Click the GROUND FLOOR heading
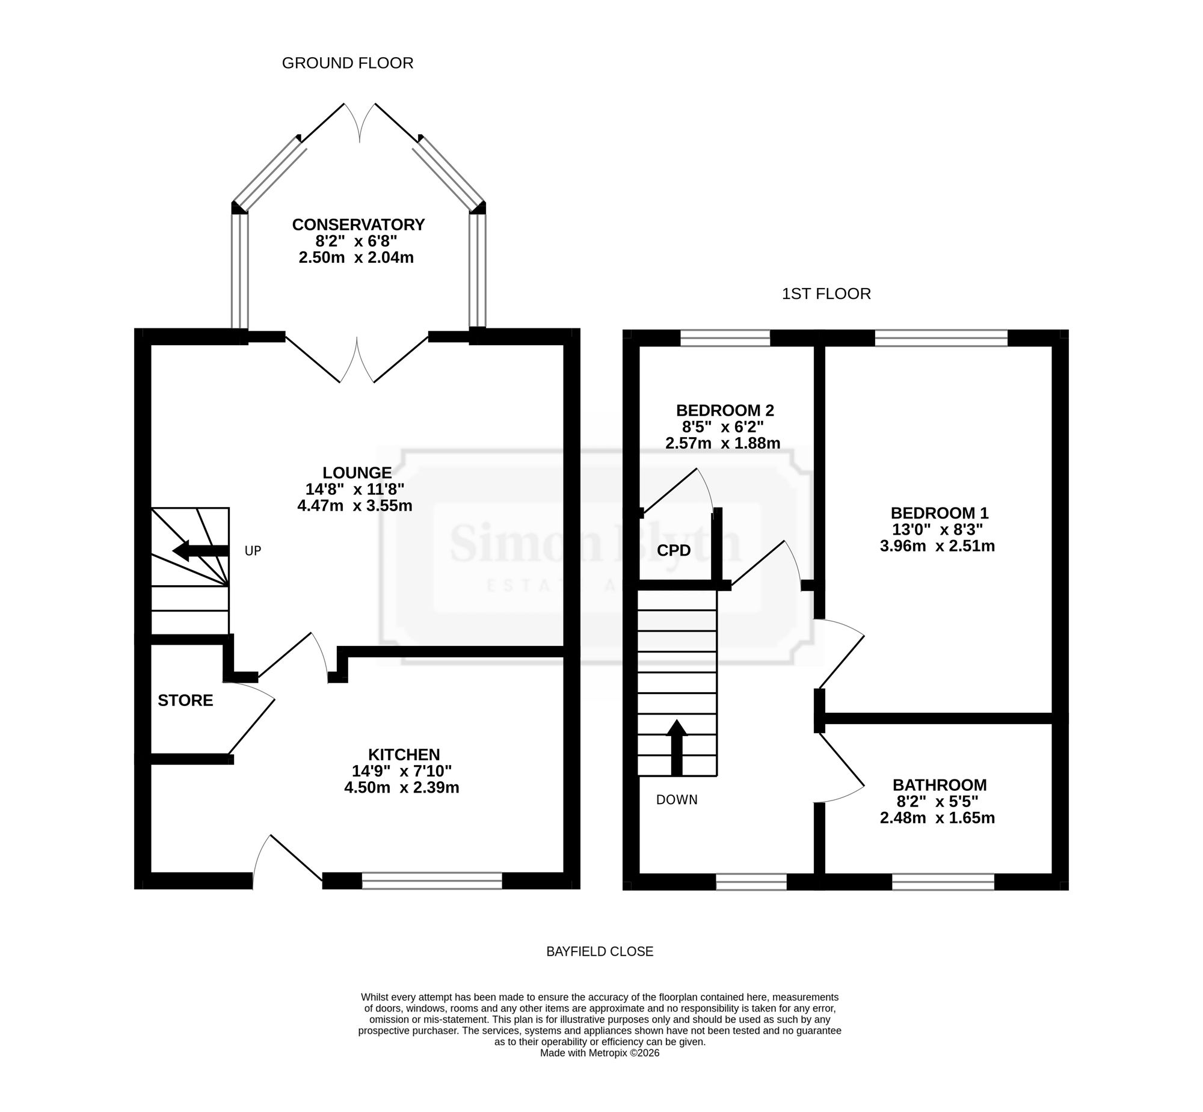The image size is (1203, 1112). [347, 63]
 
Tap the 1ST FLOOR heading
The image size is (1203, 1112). [826, 293]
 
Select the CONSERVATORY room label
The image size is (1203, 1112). [358, 224]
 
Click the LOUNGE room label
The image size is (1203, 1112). [357, 473]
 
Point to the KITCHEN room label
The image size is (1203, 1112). [404, 754]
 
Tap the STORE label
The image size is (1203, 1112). [185, 700]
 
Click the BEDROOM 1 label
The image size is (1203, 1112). [940, 512]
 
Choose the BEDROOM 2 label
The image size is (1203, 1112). [725, 410]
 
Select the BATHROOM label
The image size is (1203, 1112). [940, 785]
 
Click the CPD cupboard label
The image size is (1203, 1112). [674, 550]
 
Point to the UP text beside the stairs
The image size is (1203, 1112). [253, 550]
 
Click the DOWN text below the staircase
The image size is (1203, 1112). [677, 800]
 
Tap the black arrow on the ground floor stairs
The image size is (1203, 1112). [200, 550]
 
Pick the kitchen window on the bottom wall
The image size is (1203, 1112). [431, 882]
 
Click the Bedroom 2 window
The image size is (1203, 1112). [725, 338]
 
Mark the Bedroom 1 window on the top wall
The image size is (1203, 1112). [941, 338]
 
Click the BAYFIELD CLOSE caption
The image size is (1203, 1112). [599, 951]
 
